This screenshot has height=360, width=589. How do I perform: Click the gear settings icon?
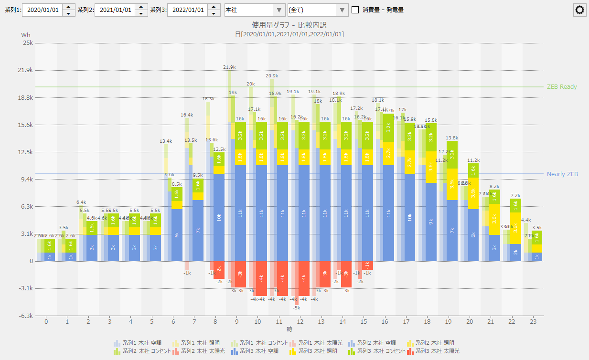(580, 10)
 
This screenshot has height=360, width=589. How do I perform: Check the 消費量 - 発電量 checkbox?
(355, 10)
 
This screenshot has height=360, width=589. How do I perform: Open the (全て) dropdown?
(318, 10)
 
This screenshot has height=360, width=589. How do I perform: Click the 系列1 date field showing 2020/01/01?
(42, 10)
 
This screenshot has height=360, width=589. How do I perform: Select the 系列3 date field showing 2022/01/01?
(187, 10)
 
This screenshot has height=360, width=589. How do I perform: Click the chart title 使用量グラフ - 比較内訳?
(289, 25)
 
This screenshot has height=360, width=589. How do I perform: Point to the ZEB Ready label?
(561, 87)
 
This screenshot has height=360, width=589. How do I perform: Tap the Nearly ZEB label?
(562, 174)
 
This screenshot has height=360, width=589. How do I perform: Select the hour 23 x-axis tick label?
(533, 322)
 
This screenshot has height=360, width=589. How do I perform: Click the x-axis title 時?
(289, 329)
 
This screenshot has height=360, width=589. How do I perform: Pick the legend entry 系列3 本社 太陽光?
(432, 351)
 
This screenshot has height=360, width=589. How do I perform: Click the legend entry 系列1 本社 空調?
(139, 343)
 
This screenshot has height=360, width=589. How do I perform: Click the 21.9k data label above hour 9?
(229, 67)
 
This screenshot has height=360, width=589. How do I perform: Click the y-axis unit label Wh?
(25, 35)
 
